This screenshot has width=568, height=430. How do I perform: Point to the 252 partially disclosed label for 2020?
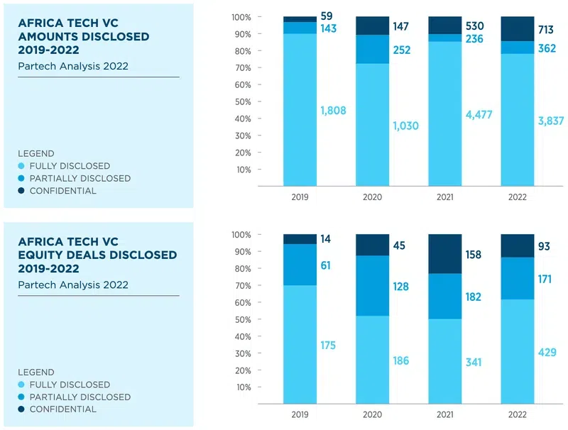click(403, 50)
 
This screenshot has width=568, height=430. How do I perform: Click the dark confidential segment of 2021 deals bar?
click(445, 253)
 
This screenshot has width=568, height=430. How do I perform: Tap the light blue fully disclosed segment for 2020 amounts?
click(373, 125)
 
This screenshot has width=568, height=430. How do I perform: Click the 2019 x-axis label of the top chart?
click(300, 197)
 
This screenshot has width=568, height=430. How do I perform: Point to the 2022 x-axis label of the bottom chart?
click(518, 414)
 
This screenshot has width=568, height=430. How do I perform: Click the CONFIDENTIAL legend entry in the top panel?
click(62, 191)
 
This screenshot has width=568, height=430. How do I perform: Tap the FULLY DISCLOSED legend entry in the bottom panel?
click(70, 385)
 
